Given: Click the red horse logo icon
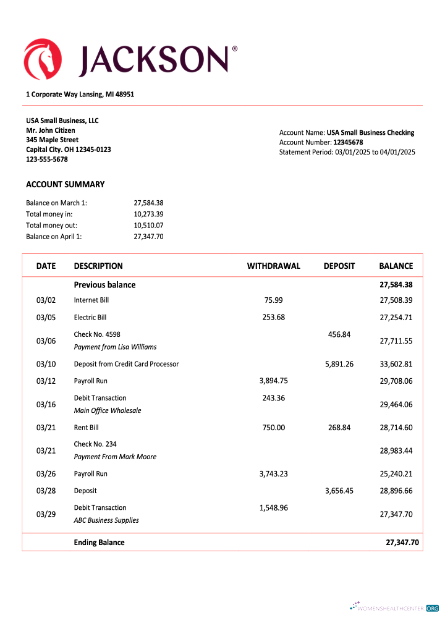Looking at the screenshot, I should [x=43, y=58].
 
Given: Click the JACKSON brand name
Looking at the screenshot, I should [x=153, y=59].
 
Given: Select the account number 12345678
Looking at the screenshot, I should [x=348, y=142].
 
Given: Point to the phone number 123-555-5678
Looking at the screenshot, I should [x=47, y=159].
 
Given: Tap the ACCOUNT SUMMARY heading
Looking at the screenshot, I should [x=66, y=184].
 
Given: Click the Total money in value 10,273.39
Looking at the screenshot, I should [x=148, y=214].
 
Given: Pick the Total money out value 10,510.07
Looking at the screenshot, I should [x=148, y=225].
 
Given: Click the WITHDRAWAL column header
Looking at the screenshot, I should [x=273, y=266].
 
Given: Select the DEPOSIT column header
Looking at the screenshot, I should [x=339, y=266].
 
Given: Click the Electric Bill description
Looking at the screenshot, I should [x=90, y=318].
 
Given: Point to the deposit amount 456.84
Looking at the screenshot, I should [x=339, y=334].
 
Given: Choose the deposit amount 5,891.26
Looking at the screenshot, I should [x=339, y=364].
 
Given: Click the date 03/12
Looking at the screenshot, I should [x=46, y=381].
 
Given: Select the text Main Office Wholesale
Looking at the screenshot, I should [x=108, y=410].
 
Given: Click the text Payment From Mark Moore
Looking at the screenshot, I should [x=115, y=457].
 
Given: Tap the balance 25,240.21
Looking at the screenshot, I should [x=396, y=474].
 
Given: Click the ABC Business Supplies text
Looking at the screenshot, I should [x=106, y=520].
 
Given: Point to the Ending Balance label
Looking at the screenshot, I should [x=99, y=543].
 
